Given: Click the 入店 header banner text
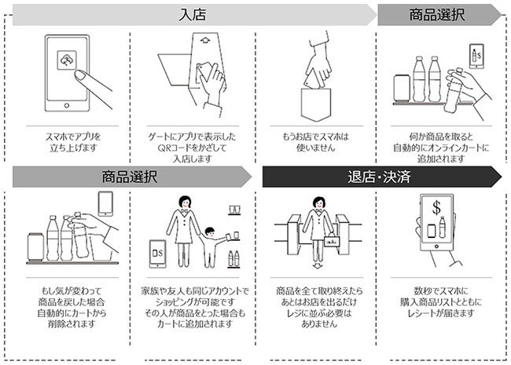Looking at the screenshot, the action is click(x=193, y=15).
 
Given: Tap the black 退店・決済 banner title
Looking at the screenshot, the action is click(x=379, y=177).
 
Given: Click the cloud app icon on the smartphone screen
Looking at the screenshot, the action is click(x=67, y=60).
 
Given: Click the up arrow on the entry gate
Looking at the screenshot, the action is click(x=204, y=40).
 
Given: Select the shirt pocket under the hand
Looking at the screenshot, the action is click(x=315, y=104).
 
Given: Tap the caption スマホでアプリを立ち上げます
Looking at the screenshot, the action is click(x=73, y=142).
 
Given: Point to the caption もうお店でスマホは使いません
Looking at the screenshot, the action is click(x=315, y=142).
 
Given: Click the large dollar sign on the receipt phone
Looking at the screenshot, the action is click(x=436, y=207).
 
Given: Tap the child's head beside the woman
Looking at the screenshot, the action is click(x=210, y=232).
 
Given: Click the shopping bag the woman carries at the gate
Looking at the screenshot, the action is click(x=332, y=240).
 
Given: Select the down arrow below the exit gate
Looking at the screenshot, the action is click(x=318, y=266).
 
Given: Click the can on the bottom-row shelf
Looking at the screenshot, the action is click(x=35, y=246).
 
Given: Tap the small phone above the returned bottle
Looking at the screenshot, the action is click(x=105, y=203).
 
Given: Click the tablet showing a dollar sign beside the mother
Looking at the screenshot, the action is click(x=158, y=254).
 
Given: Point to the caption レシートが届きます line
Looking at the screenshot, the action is click(x=440, y=313).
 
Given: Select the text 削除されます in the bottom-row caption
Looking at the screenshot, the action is click(x=72, y=324).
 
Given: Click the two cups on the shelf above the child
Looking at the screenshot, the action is click(x=234, y=210).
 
